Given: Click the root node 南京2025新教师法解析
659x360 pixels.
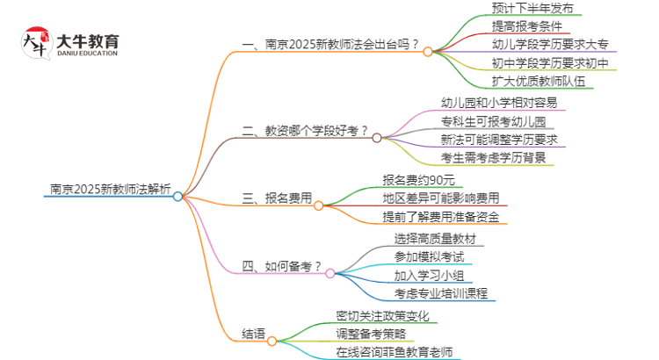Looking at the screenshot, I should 110,187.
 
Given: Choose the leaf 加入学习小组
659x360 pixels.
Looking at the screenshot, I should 430,275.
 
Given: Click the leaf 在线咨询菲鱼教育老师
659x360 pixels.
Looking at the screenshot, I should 394,352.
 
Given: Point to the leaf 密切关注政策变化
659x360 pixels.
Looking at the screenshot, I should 382,314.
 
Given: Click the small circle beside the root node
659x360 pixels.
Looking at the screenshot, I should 177,197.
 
